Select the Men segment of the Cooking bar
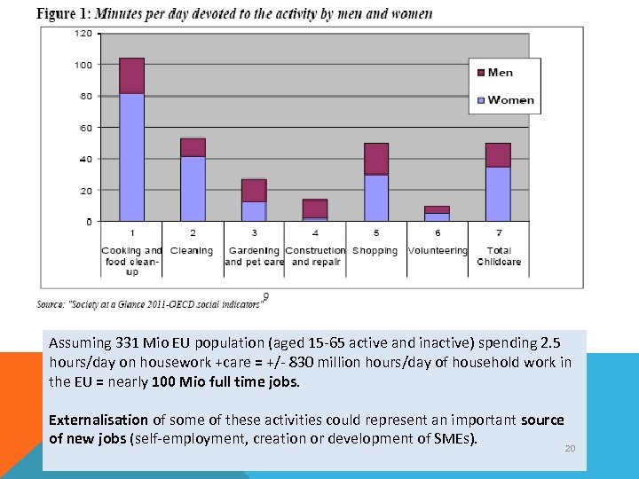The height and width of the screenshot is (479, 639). click(131, 75)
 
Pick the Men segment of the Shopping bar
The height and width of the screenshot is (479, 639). click(376, 159)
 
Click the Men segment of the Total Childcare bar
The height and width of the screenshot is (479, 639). click(498, 155)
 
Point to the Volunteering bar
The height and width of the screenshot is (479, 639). click(437, 214)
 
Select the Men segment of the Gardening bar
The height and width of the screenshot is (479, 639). click(254, 191)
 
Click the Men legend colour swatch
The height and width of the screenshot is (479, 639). click(480, 73)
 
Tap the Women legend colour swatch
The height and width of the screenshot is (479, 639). click(480, 99)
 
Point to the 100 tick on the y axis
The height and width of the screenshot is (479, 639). click(83, 65)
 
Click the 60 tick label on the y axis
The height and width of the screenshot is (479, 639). click(85, 128)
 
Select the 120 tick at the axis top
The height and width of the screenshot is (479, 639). click(83, 33)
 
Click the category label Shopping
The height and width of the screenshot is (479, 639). click(375, 251)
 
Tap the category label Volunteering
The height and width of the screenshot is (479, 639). click(437, 251)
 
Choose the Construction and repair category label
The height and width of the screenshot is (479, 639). click(315, 256)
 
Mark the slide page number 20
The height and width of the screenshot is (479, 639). click(570, 449)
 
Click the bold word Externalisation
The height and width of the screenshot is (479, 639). click(99, 420)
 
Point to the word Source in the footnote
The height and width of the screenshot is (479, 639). click(48, 303)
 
